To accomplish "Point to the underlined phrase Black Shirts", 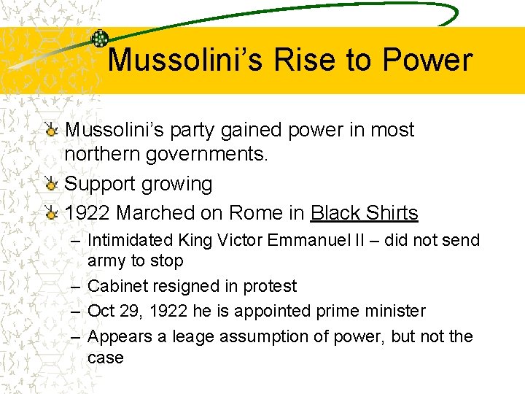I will coord(364,213).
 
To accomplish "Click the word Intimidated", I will coord(130,240).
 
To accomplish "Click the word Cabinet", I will coord(119,287).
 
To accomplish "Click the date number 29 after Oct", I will coord(130,311).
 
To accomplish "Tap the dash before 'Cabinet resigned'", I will coord(75,287).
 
